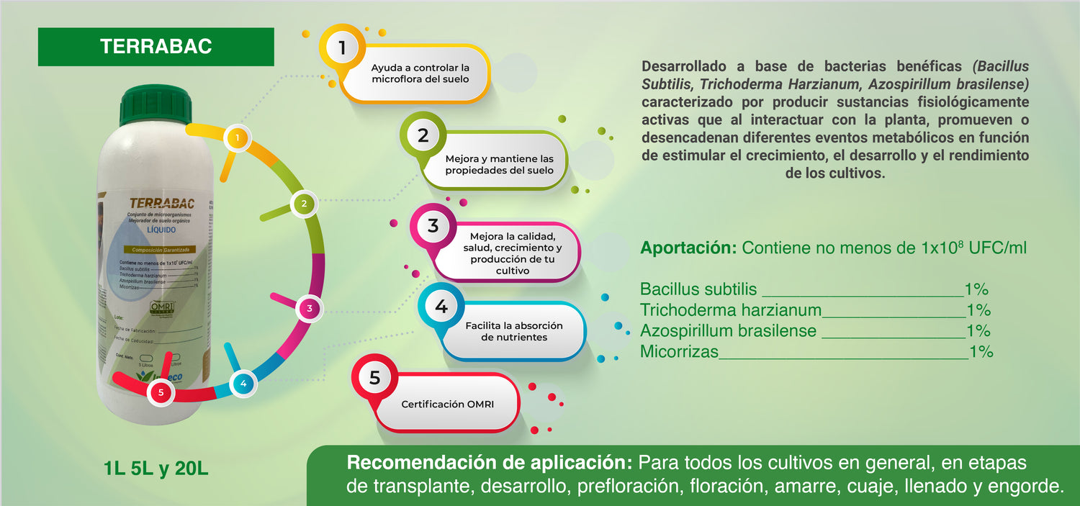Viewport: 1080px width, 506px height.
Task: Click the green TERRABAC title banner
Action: click(x=156, y=47)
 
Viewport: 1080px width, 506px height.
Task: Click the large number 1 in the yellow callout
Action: click(x=342, y=48)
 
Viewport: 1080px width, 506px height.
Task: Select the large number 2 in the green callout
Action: click(x=423, y=135)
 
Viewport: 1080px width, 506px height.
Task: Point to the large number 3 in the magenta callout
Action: click(x=433, y=226)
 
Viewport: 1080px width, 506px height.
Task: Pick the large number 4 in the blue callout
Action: click(x=441, y=307)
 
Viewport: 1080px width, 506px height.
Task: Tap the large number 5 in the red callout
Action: click(x=374, y=378)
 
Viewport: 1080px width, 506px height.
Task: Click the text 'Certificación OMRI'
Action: click(x=443, y=405)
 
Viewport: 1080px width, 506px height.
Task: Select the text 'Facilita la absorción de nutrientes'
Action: click(x=514, y=331)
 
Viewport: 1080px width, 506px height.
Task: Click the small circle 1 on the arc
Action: click(x=237, y=137)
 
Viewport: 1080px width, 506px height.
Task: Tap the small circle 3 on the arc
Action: click(x=309, y=309)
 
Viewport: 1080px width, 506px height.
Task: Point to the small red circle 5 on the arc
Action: click(x=161, y=392)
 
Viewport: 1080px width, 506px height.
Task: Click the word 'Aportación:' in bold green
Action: click(x=688, y=248)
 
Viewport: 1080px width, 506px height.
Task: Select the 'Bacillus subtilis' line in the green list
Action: click(x=698, y=289)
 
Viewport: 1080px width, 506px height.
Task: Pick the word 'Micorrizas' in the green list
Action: click(x=679, y=352)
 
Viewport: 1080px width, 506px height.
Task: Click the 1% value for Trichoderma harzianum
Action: click(x=978, y=310)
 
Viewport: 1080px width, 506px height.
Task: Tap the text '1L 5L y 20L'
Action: click(x=156, y=469)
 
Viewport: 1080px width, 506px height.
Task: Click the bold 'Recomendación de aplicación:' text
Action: click(x=490, y=462)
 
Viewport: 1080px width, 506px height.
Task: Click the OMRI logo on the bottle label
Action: click(x=163, y=307)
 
